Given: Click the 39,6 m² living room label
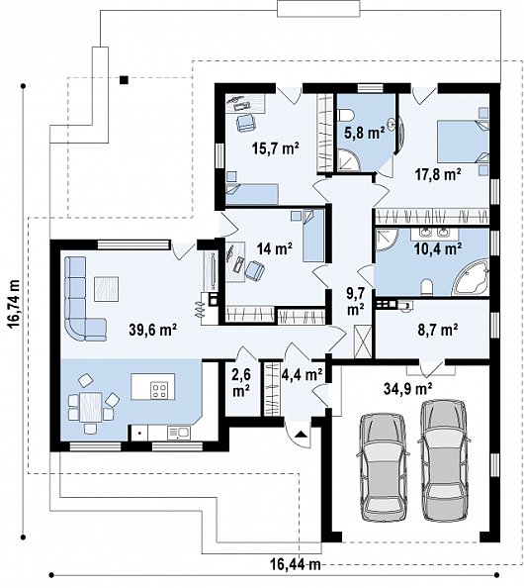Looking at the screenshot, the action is click(153, 330).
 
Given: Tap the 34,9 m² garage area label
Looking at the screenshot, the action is click(408, 388).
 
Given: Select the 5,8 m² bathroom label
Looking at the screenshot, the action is click(365, 133).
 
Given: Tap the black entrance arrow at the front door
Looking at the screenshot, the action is click(301, 435).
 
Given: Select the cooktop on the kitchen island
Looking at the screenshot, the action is click(158, 390).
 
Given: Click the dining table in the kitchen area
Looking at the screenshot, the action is click(91, 407).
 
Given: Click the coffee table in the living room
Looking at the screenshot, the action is click(107, 289).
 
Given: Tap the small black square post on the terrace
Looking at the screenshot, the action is click(124, 79).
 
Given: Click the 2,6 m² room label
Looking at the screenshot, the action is click(241, 383).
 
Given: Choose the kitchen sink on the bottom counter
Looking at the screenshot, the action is click(179, 433).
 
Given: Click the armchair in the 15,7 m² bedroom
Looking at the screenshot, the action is click(245, 123).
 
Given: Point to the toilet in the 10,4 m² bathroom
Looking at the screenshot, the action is click(427, 288).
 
